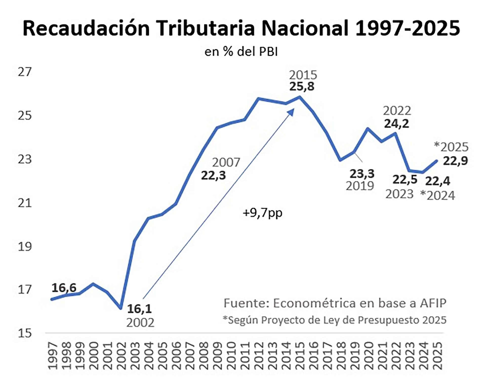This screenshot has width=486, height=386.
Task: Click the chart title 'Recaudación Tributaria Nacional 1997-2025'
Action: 241,28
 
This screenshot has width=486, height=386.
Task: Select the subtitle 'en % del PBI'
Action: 241,52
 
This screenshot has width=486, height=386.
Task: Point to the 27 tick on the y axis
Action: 25,72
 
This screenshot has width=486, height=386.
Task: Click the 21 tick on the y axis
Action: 25,203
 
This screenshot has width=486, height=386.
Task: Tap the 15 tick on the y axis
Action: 25,333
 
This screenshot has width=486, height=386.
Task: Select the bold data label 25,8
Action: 302,87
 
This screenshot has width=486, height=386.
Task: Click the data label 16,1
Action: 139,309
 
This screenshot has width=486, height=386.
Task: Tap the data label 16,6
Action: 64,288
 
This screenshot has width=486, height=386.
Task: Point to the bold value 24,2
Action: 396,124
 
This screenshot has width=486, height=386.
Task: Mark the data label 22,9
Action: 455,161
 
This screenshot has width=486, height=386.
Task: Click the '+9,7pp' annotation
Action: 262,213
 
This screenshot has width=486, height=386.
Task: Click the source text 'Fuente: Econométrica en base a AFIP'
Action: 335,303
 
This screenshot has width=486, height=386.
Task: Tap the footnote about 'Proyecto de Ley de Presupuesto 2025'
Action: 335,320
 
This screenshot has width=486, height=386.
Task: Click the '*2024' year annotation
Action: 437,196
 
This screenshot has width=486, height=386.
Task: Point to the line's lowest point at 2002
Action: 121,308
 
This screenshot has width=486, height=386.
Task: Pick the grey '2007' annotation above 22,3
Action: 226,163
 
